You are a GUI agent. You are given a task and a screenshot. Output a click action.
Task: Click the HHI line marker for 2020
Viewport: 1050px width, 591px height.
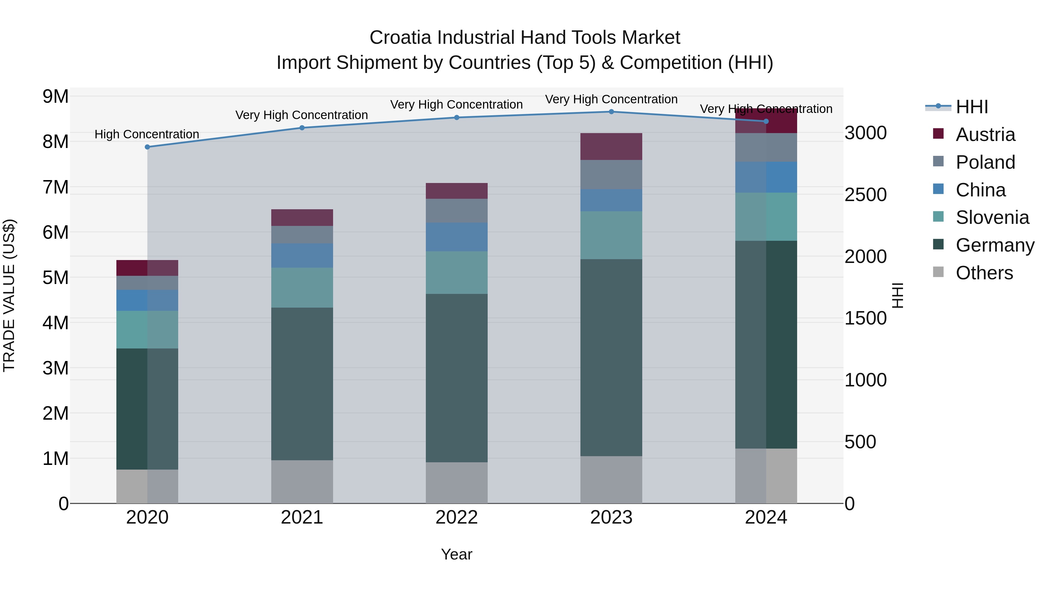tap(148, 147)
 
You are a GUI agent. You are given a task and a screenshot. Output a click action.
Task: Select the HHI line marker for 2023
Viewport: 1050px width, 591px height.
tap(611, 112)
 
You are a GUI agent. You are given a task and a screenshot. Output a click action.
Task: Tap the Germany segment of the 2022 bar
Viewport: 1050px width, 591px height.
tap(456, 378)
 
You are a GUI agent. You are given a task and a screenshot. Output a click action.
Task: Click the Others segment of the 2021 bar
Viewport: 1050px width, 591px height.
tap(302, 482)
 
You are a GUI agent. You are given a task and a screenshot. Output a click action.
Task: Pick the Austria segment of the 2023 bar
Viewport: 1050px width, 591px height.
tap(611, 147)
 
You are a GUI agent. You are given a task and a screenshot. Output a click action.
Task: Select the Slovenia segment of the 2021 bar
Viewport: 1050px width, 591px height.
tap(302, 287)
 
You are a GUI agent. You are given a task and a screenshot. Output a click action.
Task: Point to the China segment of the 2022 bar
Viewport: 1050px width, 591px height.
tap(456, 237)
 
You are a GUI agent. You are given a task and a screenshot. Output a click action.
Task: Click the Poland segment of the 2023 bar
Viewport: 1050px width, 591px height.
tap(611, 175)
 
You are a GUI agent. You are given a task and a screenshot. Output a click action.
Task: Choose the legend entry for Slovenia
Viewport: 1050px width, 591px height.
tap(992, 217)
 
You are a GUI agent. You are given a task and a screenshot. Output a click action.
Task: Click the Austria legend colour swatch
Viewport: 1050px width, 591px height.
tap(938, 134)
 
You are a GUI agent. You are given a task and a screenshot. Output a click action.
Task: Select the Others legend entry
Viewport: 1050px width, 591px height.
tap(984, 273)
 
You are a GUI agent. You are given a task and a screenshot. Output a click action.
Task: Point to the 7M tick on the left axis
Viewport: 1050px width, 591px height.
tap(55, 187)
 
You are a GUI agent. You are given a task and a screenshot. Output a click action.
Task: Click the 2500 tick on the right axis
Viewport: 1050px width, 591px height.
tap(865, 195)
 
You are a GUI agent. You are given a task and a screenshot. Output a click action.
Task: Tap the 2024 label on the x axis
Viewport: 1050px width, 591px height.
tap(766, 517)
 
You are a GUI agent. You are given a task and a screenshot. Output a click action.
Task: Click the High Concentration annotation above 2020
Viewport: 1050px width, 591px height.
tap(147, 134)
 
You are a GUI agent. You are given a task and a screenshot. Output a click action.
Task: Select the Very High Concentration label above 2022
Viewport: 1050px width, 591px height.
tap(456, 104)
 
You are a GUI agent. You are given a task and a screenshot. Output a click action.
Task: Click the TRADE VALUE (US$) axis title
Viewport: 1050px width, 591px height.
tap(9, 295)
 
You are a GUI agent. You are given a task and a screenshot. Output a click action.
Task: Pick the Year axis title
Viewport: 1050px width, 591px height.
tap(456, 554)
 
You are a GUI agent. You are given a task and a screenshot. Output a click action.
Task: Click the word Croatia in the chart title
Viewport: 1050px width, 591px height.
tap(400, 38)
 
